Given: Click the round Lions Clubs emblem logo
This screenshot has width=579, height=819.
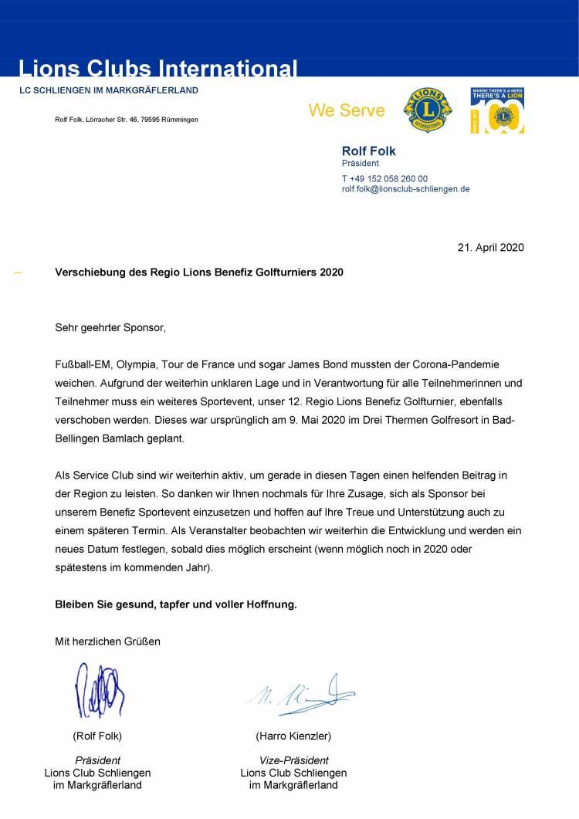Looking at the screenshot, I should (428, 110).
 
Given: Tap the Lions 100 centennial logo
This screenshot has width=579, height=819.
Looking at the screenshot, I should (497, 110).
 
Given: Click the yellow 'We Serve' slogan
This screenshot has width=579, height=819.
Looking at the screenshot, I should (347, 110).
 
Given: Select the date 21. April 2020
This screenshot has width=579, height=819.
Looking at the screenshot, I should (491, 248).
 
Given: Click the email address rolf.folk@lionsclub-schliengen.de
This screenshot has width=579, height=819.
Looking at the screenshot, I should (405, 189).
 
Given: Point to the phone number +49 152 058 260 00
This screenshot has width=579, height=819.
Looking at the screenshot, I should (384, 178).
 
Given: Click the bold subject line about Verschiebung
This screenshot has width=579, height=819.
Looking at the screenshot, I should (199, 272).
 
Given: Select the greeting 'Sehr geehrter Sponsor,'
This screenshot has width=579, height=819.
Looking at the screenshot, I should (110, 327).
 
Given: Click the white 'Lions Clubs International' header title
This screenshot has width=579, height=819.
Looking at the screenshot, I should (158, 69).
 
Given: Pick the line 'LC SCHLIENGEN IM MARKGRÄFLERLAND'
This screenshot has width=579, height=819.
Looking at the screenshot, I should (109, 90).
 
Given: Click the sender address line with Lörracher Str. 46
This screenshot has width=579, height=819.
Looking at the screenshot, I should (127, 120).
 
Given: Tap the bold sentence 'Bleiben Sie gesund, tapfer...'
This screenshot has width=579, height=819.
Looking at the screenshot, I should (176, 604).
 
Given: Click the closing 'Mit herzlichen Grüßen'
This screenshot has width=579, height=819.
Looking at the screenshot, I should (108, 641).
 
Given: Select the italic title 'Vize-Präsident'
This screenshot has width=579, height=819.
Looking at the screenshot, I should (293, 760).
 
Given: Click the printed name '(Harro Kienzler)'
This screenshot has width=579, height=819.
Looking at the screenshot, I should (293, 736).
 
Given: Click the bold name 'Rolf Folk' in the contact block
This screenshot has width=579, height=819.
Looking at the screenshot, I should (369, 151).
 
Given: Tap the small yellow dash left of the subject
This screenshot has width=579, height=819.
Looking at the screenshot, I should (18, 272).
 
